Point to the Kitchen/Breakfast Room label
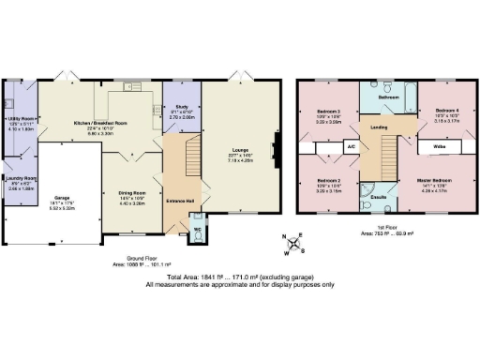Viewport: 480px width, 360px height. [101, 123]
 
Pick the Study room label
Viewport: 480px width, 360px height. [181, 112]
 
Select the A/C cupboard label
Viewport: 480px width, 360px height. [351, 147]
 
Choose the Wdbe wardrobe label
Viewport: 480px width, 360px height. [439, 147]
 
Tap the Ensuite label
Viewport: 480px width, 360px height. [379, 198]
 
